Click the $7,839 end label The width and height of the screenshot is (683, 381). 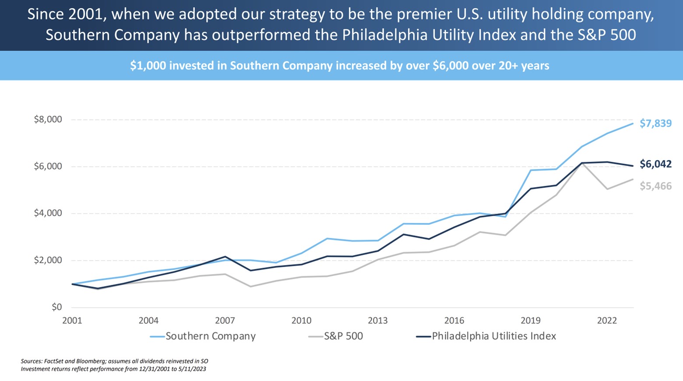(x=655, y=123)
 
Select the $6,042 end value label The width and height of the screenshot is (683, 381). (x=655, y=164)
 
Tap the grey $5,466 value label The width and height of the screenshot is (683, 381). (x=655, y=186)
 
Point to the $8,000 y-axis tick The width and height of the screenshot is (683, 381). (x=48, y=119)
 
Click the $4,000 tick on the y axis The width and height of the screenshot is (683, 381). (x=48, y=213)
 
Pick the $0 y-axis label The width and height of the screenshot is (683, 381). (x=56, y=307)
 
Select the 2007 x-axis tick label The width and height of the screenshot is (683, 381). (x=225, y=321)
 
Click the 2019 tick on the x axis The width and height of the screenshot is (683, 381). (x=530, y=321)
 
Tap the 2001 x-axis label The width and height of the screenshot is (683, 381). (x=72, y=321)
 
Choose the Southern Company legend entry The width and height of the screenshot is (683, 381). (x=210, y=336)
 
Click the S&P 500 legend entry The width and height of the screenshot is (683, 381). (x=343, y=336)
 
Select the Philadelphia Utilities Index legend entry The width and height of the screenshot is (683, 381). (x=493, y=336)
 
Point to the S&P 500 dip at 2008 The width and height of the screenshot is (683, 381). (x=250, y=287)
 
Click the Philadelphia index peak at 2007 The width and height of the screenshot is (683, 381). (x=225, y=257)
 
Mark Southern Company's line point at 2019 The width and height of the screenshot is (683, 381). (x=531, y=170)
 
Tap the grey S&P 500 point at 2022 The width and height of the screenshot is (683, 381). (x=607, y=189)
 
